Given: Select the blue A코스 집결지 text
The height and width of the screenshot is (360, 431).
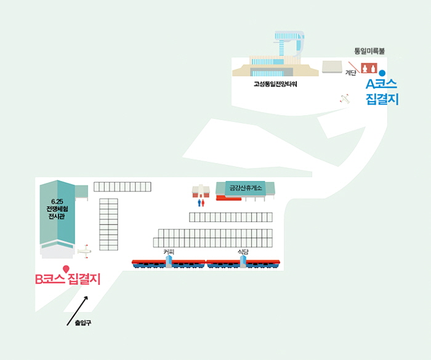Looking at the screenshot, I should [382, 91].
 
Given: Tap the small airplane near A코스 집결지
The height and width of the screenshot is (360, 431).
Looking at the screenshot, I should [345, 98].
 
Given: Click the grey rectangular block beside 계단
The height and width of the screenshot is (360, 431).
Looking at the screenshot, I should [332, 66].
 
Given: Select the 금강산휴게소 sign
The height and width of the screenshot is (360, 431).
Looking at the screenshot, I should [246, 188].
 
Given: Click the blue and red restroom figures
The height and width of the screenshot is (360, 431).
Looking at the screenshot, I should [201, 201].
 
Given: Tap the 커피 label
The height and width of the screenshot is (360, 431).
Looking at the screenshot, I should [169, 252].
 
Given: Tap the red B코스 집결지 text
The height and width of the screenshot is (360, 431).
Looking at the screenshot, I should [67, 279].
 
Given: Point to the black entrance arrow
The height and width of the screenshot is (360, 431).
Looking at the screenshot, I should [78, 310].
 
